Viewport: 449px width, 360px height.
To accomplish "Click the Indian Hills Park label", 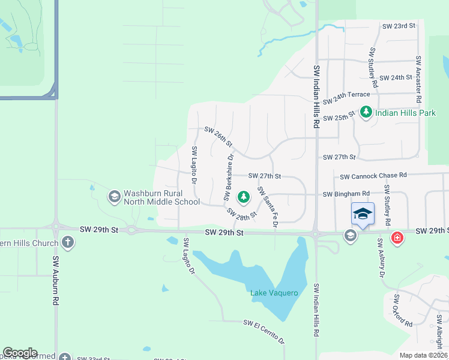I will [405, 112].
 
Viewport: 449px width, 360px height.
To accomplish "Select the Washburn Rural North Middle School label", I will [161, 197].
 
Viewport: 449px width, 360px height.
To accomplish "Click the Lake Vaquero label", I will [274, 293].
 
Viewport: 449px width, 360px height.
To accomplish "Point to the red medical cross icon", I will [397, 238].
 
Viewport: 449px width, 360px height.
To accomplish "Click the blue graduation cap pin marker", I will [363, 214].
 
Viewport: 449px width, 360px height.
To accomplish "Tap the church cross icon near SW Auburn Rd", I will [68, 243].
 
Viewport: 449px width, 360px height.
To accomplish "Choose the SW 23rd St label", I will [399, 26].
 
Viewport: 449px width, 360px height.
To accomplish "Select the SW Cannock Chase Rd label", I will [373, 176].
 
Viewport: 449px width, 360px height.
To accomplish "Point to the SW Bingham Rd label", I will [346, 194].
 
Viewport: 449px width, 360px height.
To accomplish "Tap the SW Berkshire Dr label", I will [228, 176].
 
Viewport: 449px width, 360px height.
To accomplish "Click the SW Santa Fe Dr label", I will [267, 207].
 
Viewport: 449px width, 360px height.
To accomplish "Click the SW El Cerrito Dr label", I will [264, 331].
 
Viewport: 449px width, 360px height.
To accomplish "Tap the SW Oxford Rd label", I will [403, 310].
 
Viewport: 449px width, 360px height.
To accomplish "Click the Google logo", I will [20, 353].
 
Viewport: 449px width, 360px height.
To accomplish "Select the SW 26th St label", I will [218, 136].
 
